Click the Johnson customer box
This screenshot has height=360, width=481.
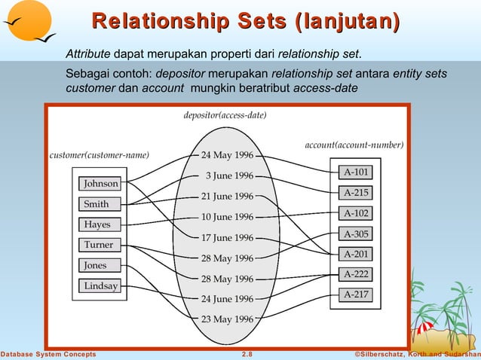point(100,184)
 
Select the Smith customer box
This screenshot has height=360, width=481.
point(97,204)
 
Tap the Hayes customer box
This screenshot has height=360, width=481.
point(97,224)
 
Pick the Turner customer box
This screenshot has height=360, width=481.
point(99,245)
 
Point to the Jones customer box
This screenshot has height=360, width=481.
point(96,265)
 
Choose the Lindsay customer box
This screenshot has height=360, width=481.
point(100,286)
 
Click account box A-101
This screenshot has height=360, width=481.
point(356,172)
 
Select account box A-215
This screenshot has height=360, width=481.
point(356,193)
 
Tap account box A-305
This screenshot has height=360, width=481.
point(356,233)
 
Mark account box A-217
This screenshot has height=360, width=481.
point(356,294)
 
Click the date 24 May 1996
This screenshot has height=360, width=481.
point(227,156)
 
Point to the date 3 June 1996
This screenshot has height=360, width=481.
point(229,176)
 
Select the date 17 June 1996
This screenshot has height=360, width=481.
point(227,238)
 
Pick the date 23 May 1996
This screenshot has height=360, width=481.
point(227,319)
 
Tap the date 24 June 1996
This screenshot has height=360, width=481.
point(227,299)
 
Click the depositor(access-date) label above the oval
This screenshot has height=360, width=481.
point(225,116)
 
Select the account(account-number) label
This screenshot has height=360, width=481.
point(354,145)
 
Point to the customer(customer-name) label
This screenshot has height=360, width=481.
point(99,155)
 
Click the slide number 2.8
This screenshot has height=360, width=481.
point(247,354)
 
